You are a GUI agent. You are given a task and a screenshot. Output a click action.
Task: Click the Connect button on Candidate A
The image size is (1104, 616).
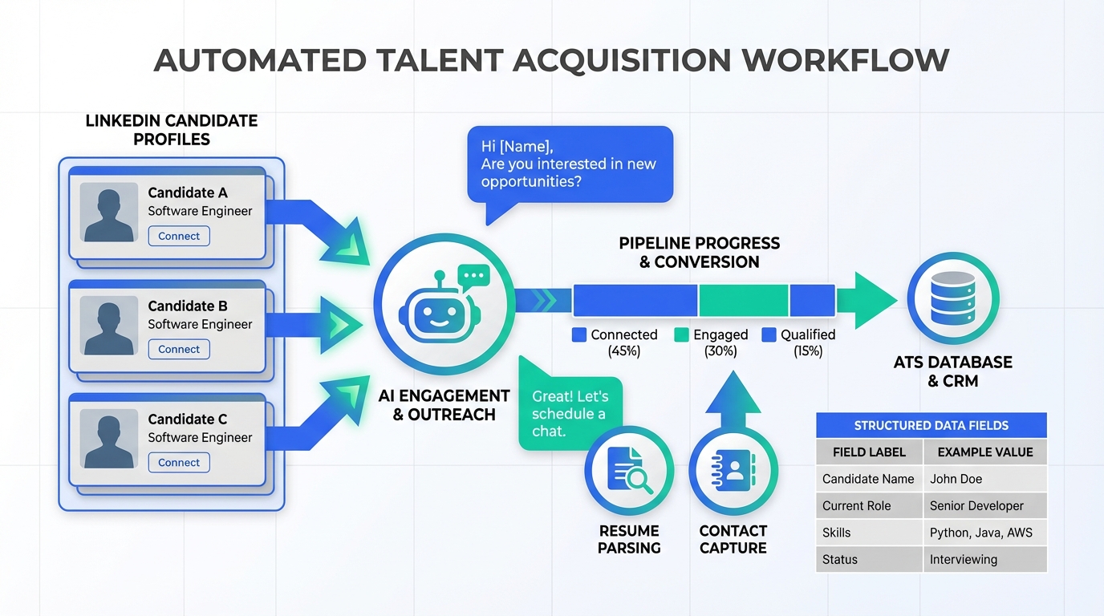pyautogui.click(x=179, y=236)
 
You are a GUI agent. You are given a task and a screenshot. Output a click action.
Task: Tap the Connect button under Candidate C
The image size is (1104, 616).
pyautogui.click(x=179, y=463)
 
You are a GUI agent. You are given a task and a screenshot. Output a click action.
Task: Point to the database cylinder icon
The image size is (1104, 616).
pyautogui.click(x=952, y=298)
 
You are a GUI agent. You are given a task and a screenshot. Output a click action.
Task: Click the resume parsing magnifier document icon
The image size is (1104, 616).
pyautogui.click(x=628, y=471)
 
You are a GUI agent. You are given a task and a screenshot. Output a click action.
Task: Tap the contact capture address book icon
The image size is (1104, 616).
pyautogui.click(x=733, y=471)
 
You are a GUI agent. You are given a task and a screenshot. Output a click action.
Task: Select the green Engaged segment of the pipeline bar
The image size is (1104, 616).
pyautogui.click(x=743, y=300)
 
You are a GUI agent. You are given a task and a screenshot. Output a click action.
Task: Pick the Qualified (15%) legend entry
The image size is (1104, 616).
pyautogui.click(x=799, y=342)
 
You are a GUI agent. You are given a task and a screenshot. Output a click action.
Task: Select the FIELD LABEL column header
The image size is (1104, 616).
pyautogui.click(x=869, y=452)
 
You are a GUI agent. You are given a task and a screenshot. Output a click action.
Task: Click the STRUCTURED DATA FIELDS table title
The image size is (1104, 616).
pyautogui.click(x=931, y=425)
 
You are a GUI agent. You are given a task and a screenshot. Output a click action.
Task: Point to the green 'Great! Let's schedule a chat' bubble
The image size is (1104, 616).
pyautogui.click(x=570, y=413)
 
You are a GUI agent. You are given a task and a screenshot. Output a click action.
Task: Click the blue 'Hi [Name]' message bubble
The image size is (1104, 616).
pyautogui.click(x=569, y=164)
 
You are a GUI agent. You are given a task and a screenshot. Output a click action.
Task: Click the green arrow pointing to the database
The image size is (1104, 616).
pyautogui.click(x=867, y=300)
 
